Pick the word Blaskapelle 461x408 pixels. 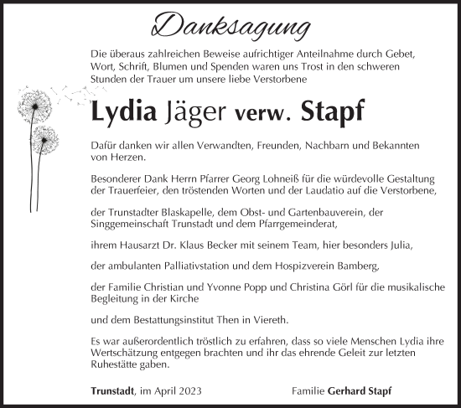click(x=183, y=213)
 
